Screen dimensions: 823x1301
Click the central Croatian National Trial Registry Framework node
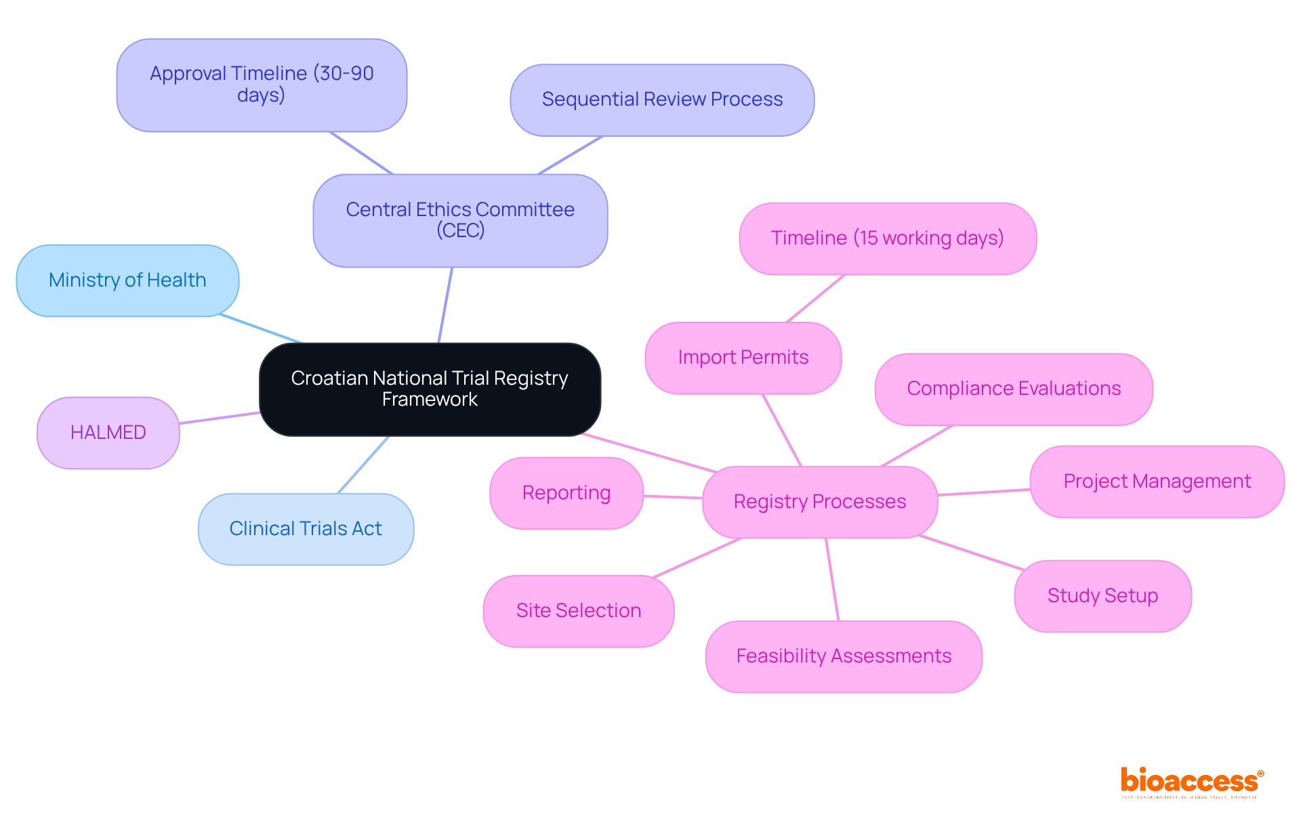point(430,389)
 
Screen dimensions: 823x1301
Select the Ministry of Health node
point(127,280)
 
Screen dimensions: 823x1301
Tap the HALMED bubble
point(108,432)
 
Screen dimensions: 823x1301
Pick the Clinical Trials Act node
point(306,528)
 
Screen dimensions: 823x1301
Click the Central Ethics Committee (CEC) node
point(460,220)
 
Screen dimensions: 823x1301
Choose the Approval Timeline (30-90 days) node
point(262,85)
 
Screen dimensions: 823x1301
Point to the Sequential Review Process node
point(662,100)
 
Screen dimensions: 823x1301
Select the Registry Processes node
point(820,501)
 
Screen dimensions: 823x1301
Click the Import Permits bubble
point(743,357)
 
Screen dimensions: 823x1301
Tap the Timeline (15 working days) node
point(887,238)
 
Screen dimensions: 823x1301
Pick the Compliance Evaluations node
point(1014,388)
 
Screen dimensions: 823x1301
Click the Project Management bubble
point(1157,481)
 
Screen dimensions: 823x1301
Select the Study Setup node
point(1102,595)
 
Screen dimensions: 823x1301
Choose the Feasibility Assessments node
point(844,656)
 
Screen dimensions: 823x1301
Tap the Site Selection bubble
point(579,610)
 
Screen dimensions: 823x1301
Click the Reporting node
point(566,492)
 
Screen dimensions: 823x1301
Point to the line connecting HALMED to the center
point(220,418)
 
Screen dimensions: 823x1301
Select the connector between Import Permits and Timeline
point(815,299)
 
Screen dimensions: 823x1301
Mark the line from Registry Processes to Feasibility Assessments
point(832,579)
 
